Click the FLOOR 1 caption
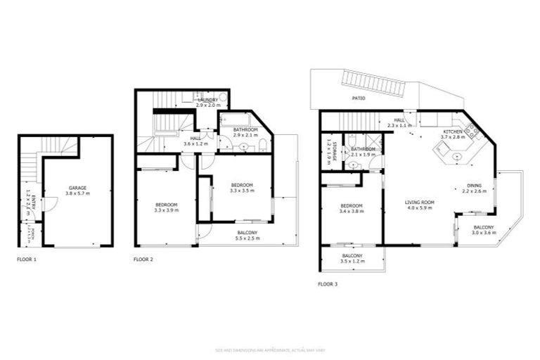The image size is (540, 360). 27,259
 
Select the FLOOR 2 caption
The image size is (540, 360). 143,259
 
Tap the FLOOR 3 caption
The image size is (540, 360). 328,285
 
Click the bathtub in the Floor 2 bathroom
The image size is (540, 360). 233,119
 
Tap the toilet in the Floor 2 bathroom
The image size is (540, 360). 262,146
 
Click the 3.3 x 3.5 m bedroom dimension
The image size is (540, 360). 241,190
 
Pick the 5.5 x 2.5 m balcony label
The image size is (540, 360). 247,238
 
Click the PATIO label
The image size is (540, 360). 359,99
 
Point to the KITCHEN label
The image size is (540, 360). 451,131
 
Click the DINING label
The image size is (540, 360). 474,186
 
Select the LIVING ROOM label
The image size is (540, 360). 420,202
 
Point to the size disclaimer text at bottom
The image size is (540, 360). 269,350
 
